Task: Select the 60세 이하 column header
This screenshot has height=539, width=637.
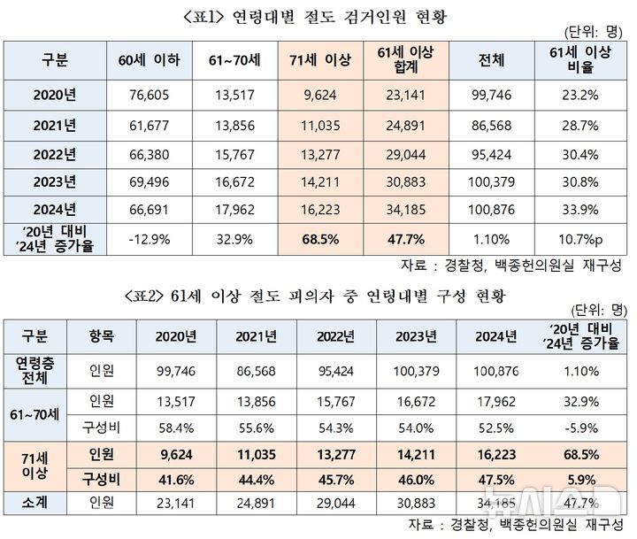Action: click(x=148, y=60)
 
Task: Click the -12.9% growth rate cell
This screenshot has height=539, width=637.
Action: click(x=148, y=239)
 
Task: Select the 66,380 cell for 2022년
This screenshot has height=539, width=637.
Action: click(x=148, y=151)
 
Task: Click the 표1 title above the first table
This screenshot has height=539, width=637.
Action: click(x=318, y=16)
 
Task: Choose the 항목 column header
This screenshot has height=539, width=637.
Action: click(x=101, y=336)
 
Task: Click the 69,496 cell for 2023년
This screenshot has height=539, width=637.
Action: click(x=148, y=181)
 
